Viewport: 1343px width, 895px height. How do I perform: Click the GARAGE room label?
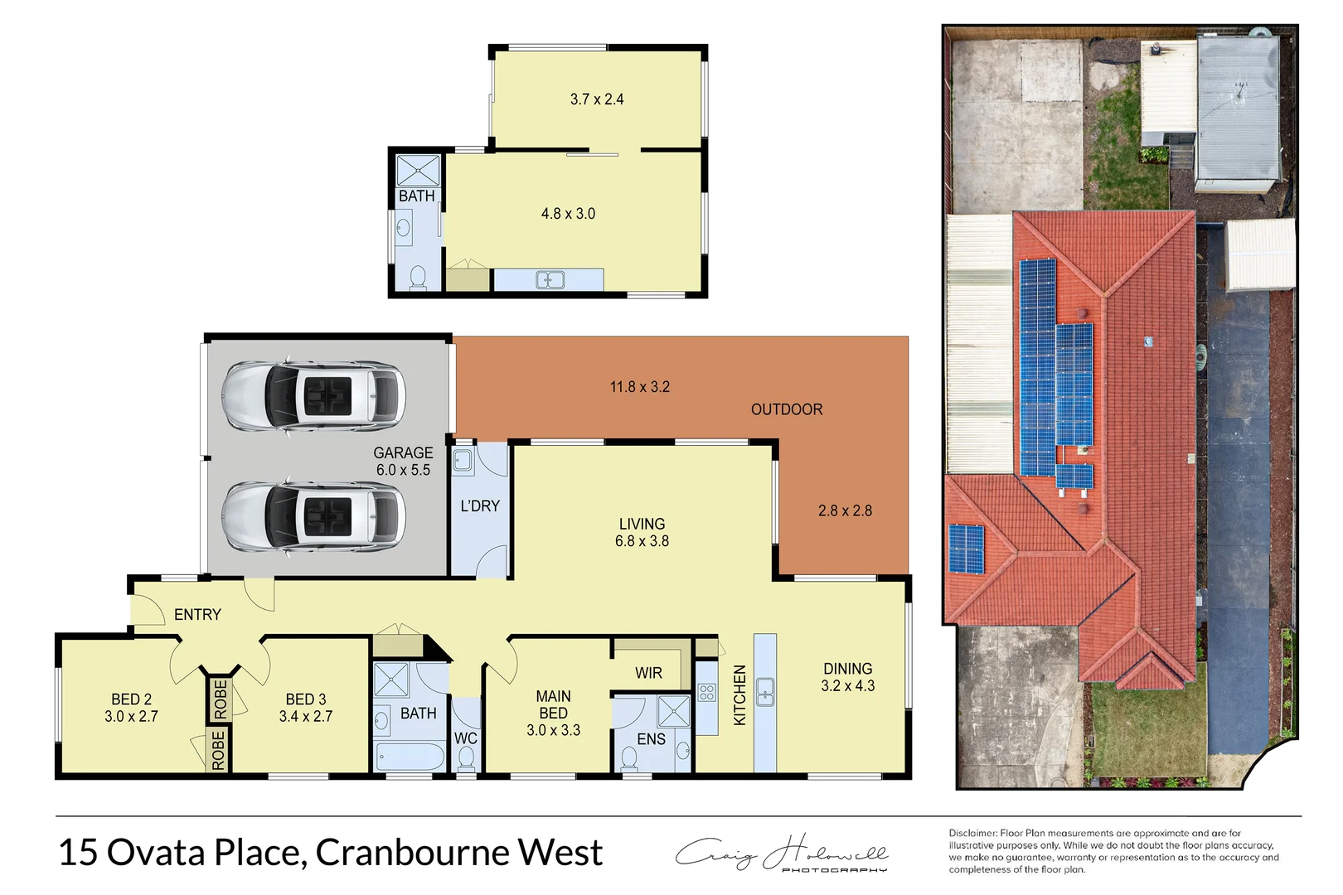403,461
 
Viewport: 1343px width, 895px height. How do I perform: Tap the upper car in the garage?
313,396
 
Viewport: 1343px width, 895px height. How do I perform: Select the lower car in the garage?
313,517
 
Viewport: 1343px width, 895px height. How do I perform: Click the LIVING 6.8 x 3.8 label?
642,532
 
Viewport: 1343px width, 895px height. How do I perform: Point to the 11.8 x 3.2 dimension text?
639,387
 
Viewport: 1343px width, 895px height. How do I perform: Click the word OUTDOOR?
786,409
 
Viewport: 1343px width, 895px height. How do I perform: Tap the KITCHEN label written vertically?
739,694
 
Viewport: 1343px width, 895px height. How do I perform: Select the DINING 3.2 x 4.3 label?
847,677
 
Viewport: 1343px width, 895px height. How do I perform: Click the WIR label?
648,673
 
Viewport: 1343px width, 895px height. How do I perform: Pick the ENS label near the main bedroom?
651,739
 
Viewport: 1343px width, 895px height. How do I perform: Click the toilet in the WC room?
466,757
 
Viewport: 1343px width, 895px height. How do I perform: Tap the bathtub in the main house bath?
411,756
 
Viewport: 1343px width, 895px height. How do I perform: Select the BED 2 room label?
131,708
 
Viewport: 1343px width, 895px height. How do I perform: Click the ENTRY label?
197,615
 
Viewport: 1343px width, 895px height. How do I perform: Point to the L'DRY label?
480,506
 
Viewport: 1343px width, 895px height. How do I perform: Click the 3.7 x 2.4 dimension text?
596,99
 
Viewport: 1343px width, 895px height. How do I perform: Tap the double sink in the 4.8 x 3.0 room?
550,280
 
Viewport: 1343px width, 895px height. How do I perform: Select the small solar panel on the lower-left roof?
966,549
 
